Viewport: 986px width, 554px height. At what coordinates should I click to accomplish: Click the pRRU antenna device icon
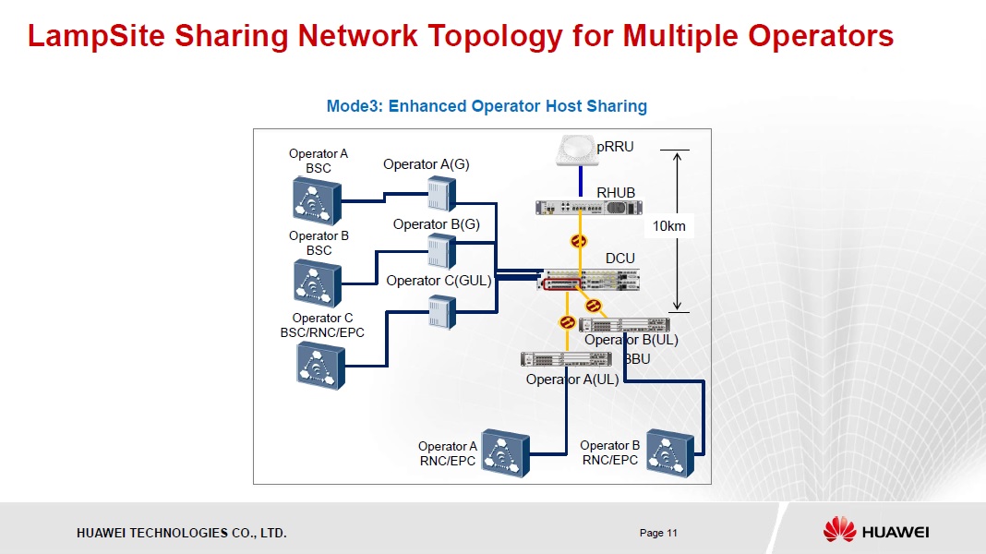(x=578, y=151)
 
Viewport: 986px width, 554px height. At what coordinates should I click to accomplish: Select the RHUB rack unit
(x=589, y=208)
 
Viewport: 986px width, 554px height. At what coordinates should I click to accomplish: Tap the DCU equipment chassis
(x=589, y=280)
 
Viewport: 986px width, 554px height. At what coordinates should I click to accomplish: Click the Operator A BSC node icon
(x=318, y=200)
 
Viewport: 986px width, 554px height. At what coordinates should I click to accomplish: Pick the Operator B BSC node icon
(x=318, y=283)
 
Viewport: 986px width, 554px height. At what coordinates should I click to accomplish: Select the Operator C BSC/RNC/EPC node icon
(x=319, y=365)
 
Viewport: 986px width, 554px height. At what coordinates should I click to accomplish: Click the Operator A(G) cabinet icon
(x=441, y=194)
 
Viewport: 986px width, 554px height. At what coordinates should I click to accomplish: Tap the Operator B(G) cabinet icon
(x=441, y=250)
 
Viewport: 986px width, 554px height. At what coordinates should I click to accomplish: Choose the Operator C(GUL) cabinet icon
(x=441, y=311)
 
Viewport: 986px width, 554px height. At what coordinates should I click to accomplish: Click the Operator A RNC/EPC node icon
(x=505, y=452)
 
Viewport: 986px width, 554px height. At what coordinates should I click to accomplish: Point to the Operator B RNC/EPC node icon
(x=668, y=452)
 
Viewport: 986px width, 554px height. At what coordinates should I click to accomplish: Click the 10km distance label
(x=669, y=225)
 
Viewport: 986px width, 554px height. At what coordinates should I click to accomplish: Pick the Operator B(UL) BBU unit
(x=624, y=324)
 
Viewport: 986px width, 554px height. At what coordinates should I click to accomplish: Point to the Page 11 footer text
(x=658, y=533)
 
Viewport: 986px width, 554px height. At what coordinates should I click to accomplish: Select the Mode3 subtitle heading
(x=487, y=106)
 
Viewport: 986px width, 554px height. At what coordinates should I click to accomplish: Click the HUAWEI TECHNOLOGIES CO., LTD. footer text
(x=181, y=533)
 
